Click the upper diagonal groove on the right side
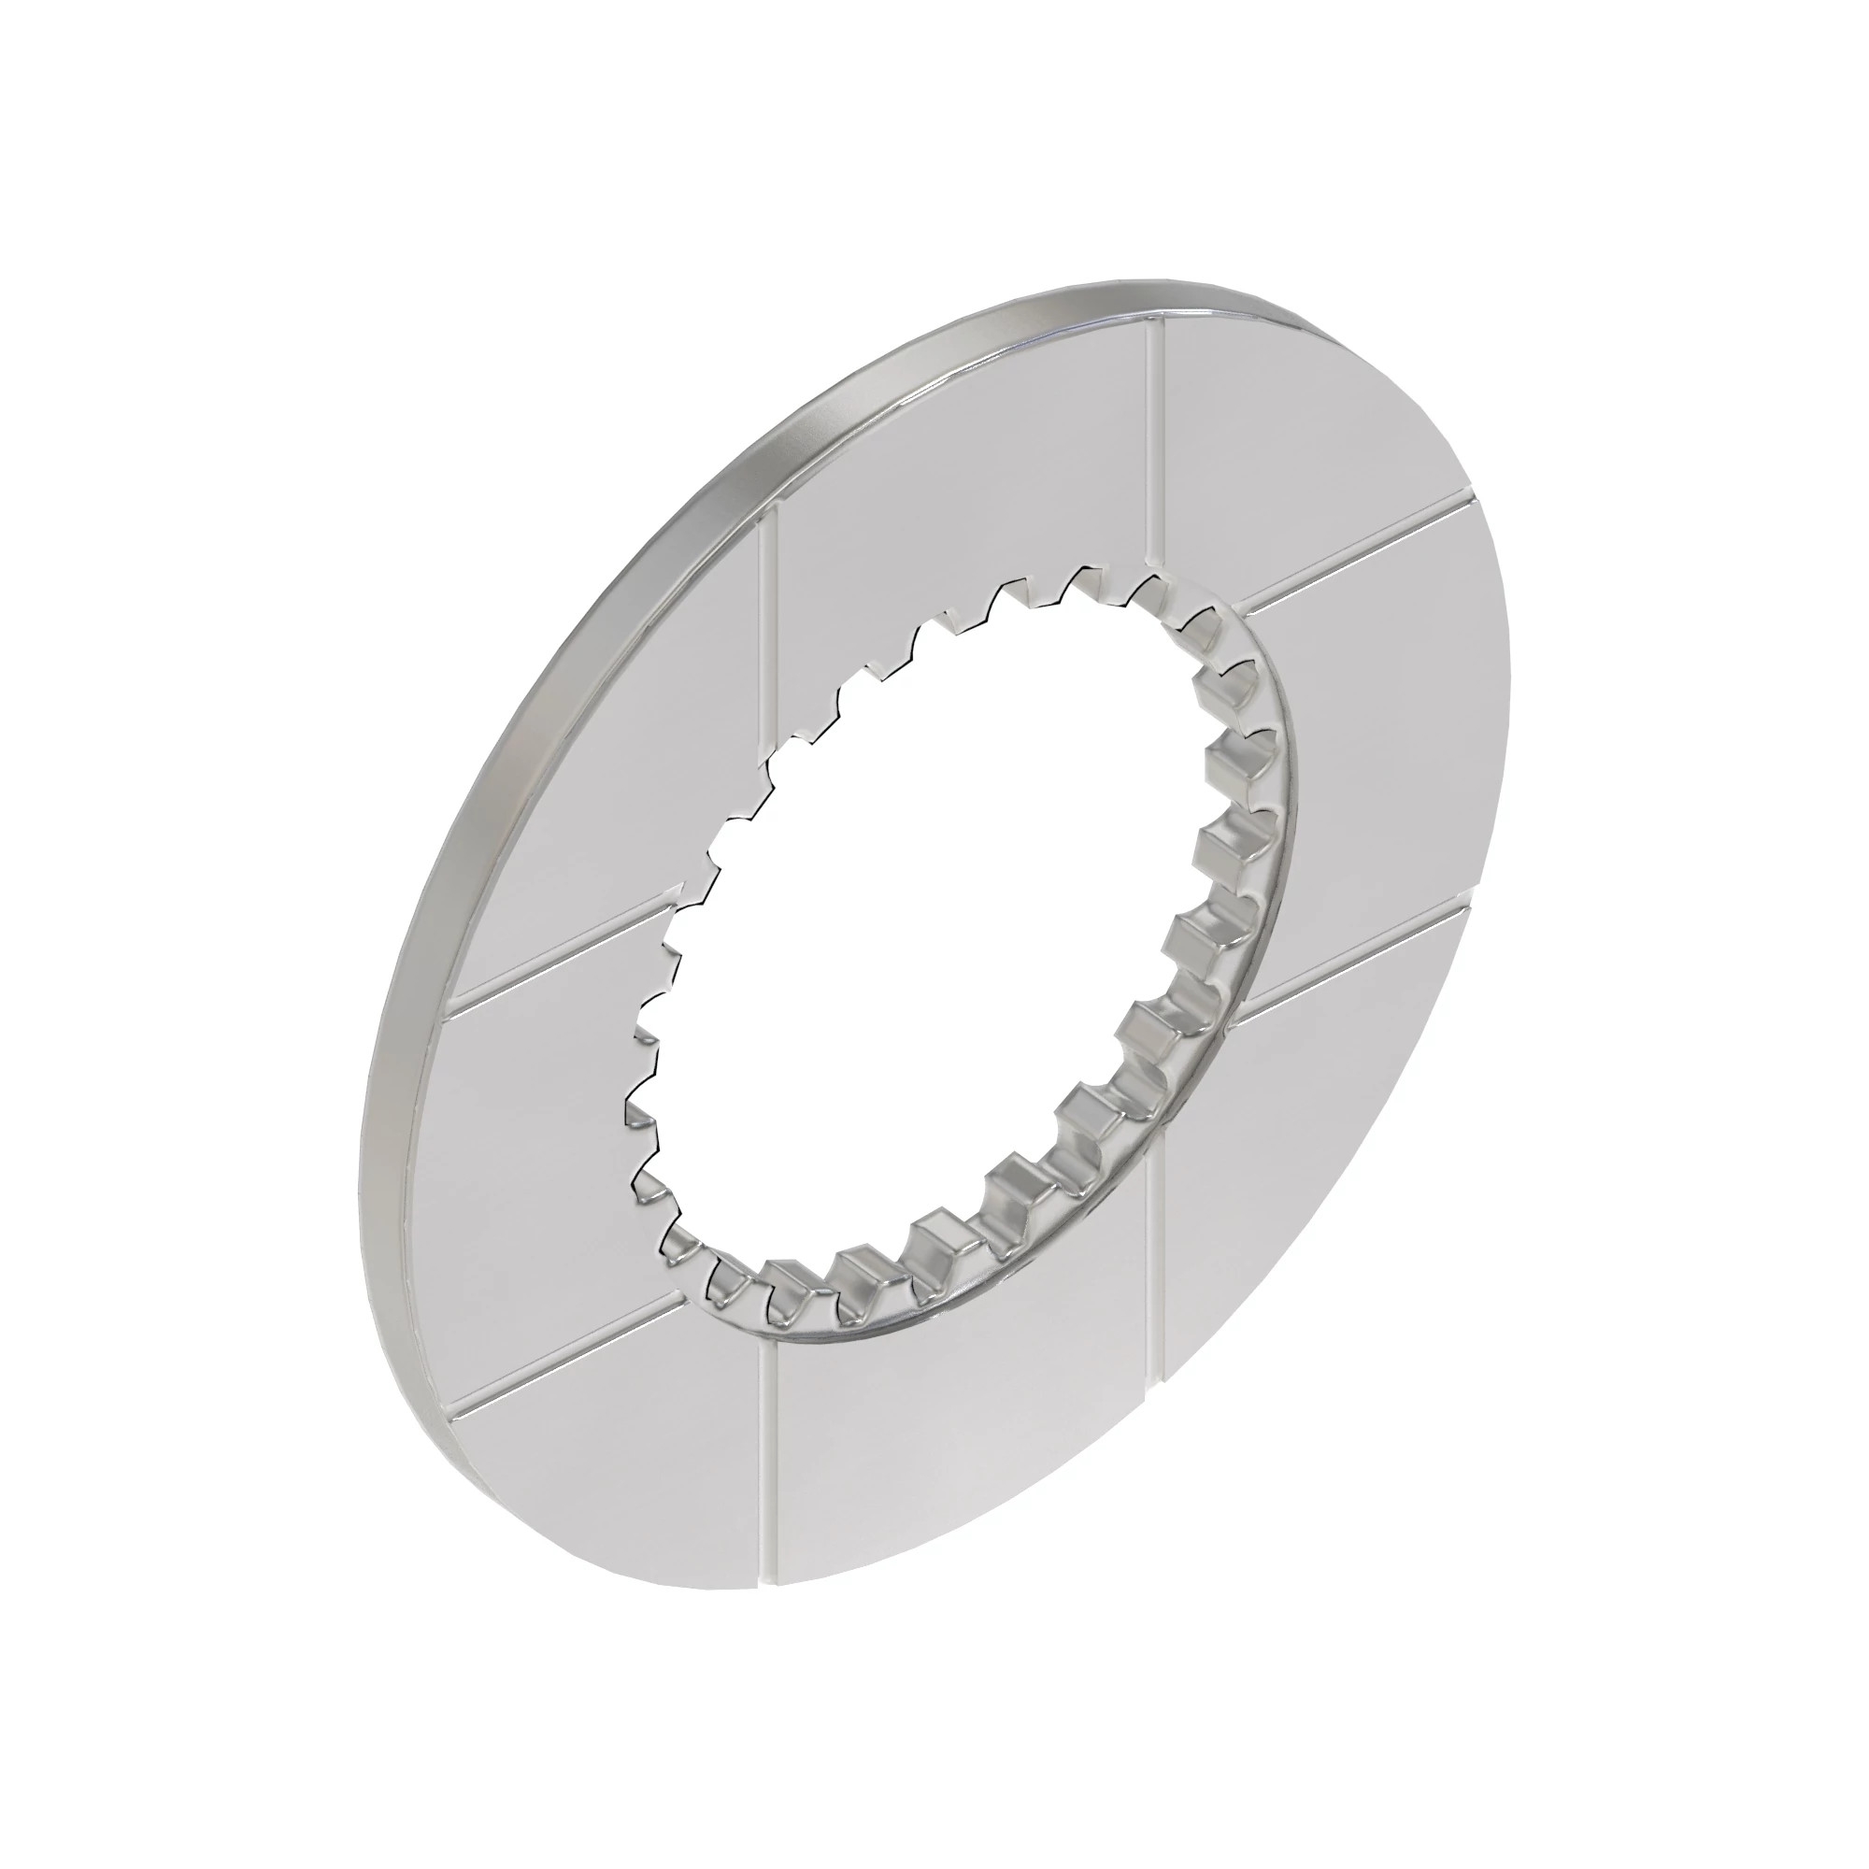click(1354, 551)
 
